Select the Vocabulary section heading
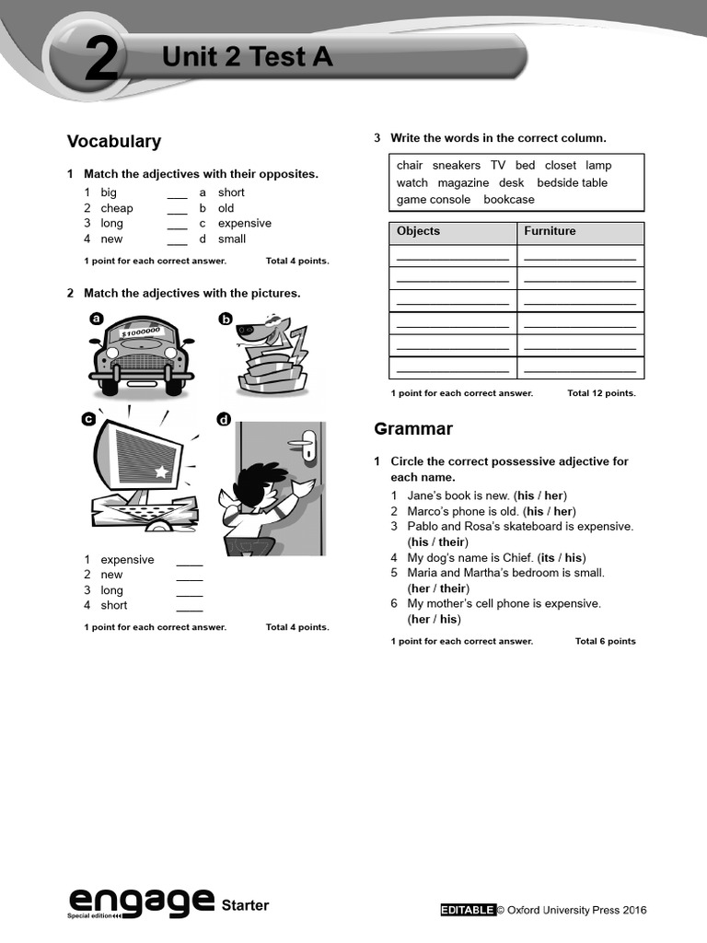113,141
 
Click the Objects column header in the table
418,231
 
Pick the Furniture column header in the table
550,231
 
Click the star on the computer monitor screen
162,471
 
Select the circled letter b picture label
225,319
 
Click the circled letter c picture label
88,419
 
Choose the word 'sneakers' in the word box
456,166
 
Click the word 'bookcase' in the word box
508,200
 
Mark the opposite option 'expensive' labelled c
244,224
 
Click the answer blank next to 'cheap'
177,209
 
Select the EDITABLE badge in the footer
467,910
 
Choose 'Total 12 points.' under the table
601,393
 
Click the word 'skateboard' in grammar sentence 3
517,527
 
